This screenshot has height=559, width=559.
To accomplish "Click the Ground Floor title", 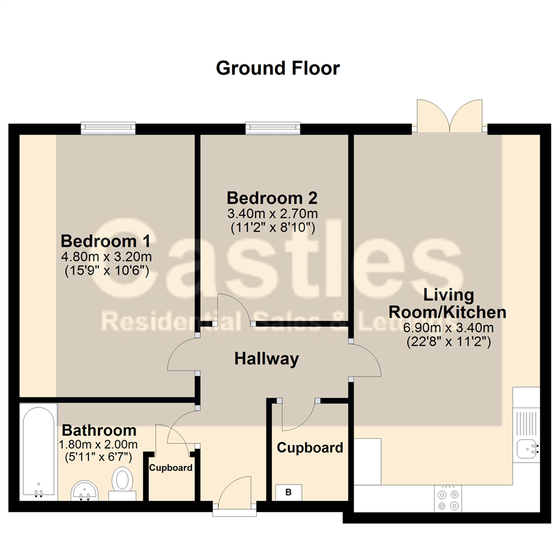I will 278,68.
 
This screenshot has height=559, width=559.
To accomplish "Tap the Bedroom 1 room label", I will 106,241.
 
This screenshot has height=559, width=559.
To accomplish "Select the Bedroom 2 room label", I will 272,198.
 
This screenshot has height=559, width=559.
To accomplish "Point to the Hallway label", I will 267,359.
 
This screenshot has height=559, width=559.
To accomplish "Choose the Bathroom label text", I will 99,431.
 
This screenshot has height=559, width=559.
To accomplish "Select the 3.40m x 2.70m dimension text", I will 272,213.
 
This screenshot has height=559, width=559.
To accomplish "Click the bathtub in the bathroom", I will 38,450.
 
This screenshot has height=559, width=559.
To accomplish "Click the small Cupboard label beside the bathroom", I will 171,468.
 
